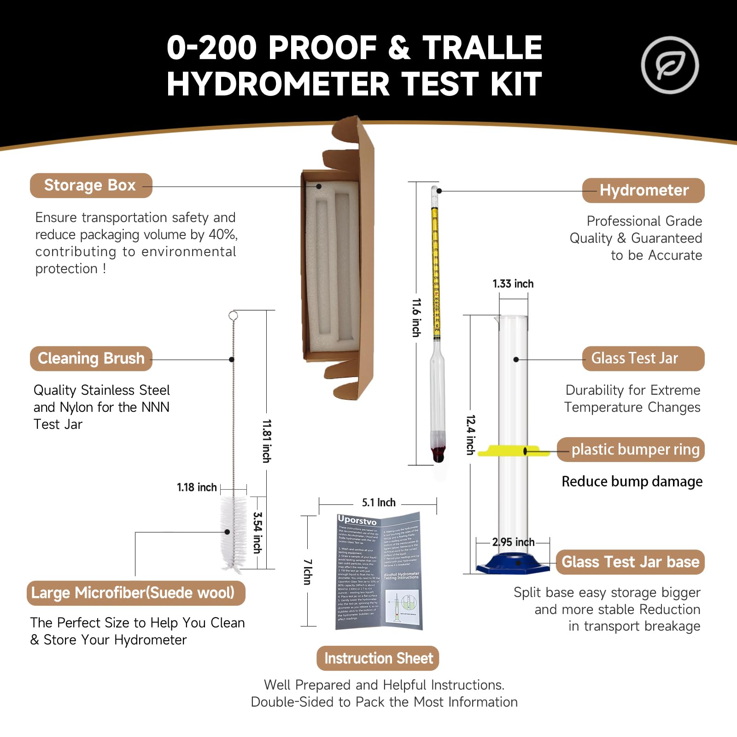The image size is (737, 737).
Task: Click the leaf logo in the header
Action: click(670, 65)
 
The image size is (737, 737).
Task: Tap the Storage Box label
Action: click(91, 185)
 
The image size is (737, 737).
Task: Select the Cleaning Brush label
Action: click(91, 358)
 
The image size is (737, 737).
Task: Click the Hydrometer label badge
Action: click(643, 190)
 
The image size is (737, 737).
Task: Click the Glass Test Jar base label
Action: click(630, 562)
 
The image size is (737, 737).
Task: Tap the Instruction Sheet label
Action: click(378, 658)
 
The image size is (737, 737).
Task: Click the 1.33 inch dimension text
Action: click(513, 284)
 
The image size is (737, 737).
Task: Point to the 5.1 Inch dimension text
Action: click(378, 503)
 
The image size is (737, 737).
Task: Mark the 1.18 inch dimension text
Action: click(197, 487)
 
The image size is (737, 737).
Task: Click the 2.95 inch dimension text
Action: click(513, 542)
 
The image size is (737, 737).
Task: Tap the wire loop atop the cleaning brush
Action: click(233, 316)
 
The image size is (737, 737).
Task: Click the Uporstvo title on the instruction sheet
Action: click(357, 521)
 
